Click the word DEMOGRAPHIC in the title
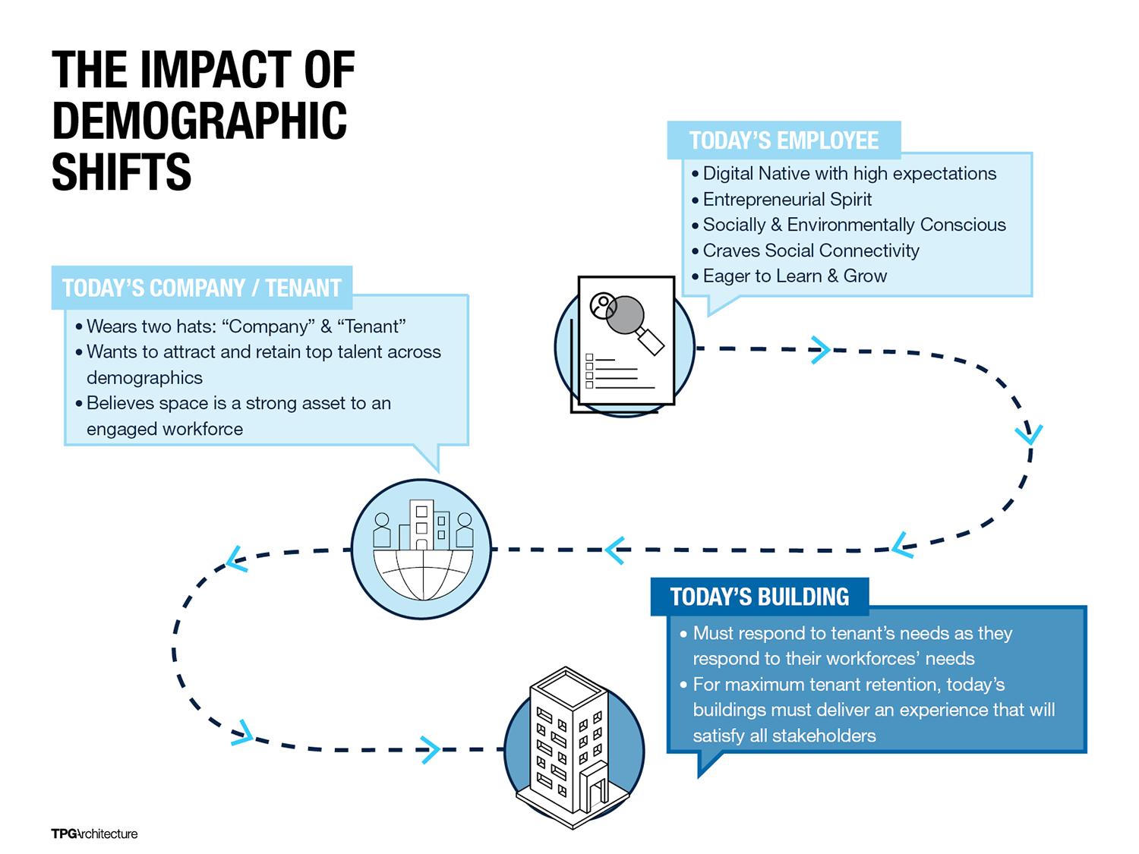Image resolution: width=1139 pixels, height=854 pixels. (199, 120)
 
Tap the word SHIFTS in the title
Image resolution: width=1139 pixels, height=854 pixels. (121, 172)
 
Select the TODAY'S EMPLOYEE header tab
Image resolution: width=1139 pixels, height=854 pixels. (783, 140)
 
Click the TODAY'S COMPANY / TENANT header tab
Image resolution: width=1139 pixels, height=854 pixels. (201, 288)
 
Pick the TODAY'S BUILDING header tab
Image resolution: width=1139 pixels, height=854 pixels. (759, 597)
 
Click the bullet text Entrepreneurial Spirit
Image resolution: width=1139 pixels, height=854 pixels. (787, 199)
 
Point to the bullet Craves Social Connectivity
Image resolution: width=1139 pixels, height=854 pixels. (810, 251)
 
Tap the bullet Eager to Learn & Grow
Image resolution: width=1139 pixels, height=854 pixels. (794, 276)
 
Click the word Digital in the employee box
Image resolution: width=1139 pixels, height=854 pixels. (728, 173)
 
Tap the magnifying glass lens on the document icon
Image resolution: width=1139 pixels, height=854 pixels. (625, 315)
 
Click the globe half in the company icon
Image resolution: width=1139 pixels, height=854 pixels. (423, 575)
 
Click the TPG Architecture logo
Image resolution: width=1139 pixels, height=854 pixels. (94, 834)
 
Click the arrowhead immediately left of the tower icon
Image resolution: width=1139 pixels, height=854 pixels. (431, 750)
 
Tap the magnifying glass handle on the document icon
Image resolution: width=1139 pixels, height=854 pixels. (651, 341)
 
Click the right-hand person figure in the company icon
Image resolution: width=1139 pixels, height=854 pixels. (465, 530)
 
